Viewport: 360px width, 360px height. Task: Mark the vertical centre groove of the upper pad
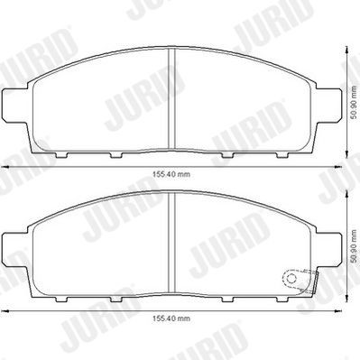pyautogui.click(x=172, y=99)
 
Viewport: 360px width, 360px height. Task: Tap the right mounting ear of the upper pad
pyautogui.click(x=333, y=106)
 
